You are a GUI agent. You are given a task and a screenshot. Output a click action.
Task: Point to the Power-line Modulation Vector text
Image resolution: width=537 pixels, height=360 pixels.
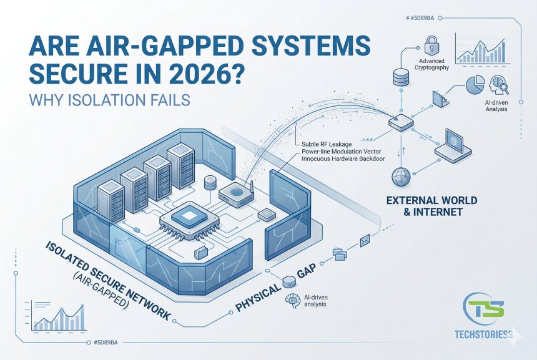[x=342, y=153]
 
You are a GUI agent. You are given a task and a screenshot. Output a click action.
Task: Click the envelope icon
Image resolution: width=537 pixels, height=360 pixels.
[x=365, y=238]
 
